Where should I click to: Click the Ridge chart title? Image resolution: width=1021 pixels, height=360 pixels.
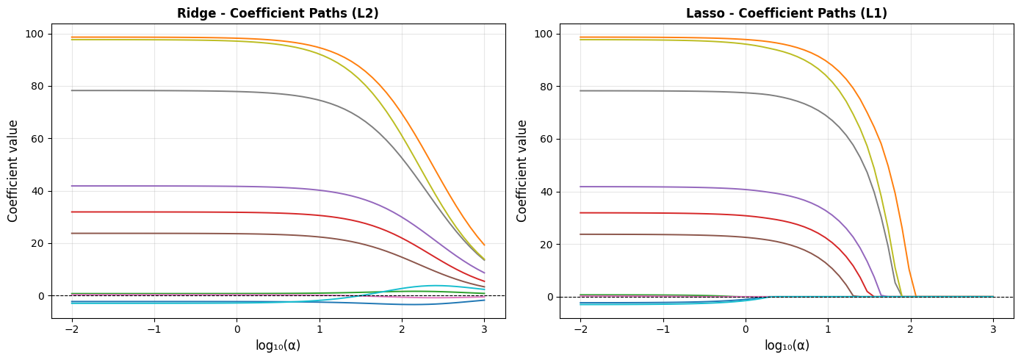278,13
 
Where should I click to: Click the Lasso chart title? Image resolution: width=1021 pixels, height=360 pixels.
786,13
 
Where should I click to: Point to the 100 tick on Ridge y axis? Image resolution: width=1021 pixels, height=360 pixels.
34,34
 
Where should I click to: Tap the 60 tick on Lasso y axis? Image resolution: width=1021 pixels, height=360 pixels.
546,139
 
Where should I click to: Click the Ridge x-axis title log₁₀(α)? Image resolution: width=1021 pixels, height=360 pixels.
278,345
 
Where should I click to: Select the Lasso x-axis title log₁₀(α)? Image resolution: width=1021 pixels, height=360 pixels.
787,345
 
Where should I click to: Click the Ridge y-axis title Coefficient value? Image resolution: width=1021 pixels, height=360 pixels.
13,170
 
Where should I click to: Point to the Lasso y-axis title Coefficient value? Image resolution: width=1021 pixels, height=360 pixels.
522,170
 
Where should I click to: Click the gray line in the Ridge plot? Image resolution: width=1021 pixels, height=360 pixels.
184,90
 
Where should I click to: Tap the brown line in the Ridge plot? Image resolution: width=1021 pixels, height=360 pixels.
184,234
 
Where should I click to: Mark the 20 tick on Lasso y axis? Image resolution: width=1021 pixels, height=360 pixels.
546,244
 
